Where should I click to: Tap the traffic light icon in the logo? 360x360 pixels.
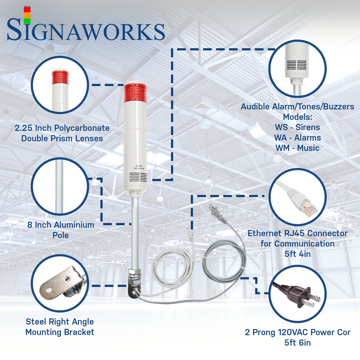[27, 15]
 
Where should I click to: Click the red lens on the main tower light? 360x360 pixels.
[135, 93]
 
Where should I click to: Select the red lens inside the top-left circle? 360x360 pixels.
[60, 78]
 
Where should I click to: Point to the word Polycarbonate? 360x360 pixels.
[82, 128]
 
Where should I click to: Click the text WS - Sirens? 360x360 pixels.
[297, 127]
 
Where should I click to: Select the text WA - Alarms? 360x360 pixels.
[297, 138]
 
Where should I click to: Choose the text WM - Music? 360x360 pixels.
[297, 148]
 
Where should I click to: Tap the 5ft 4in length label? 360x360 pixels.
[297, 254]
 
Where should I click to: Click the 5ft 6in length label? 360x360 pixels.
[297, 343]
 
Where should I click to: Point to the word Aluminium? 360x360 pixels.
[74, 225]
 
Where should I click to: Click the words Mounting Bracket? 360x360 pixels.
[60, 332]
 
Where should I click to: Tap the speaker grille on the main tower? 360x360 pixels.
[138, 177]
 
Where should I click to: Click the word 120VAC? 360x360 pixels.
[293, 332]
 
